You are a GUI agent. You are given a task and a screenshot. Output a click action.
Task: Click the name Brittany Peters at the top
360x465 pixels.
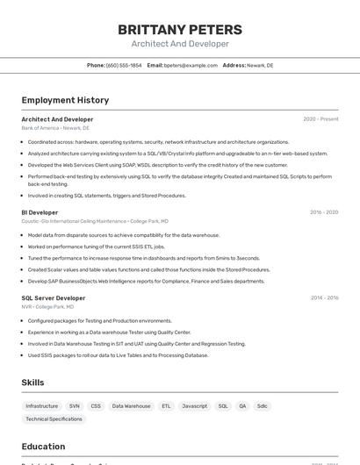pyautogui.click(x=180, y=30)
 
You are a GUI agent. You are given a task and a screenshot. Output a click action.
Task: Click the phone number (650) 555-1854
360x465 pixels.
pyautogui.click(x=123, y=65)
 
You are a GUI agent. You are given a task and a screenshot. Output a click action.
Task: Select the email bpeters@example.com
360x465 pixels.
pyautogui.click(x=191, y=65)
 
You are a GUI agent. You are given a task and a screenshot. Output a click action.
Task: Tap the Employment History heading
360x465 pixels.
pyautogui.click(x=65, y=100)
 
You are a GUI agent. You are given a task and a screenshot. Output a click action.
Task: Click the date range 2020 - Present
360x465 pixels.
pyautogui.click(x=320, y=119)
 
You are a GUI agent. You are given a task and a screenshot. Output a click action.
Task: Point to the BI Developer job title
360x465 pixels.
pyautogui.click(x=40, y=212)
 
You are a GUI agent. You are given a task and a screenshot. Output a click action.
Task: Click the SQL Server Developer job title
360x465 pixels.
pyautogui.click(x=54, y=298)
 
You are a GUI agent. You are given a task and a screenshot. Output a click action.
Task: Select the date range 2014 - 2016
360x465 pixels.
pyautogui.click(x=324, y=298)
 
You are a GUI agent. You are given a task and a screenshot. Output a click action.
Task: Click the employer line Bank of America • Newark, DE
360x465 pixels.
pyautogui.click(x=55, y=128)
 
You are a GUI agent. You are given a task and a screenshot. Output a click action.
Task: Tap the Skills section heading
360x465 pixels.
pyautogui.click(x=32, y=383)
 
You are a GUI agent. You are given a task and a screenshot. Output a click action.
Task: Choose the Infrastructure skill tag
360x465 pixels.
pyautogui.click(x=42, y=406)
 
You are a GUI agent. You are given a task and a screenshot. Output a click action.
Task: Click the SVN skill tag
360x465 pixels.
pyautogui.click(x=74, y=406)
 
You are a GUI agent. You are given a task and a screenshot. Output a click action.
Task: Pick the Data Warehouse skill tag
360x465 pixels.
pyautogui.click(x=131, y=406)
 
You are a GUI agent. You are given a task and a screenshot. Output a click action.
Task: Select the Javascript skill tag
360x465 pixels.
pyautogui.click(x=194, y=406)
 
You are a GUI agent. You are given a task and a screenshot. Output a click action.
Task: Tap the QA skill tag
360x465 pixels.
pyautogui.click(x=242, y=406)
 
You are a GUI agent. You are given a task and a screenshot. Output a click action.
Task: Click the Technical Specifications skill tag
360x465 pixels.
pyautogui.click(x=54, y=419)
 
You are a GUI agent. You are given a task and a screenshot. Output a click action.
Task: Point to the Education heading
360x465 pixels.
pyautogui.click(x=43, y=446)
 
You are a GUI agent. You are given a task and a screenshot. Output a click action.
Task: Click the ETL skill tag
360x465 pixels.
pyautogui.click(x=166, y=406)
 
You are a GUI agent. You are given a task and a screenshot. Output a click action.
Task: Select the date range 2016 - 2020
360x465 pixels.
pyautogui.click(x=324, y=212)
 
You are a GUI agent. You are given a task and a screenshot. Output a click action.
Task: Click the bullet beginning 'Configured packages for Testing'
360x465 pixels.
pyautogui.click(x=99, y=320)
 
